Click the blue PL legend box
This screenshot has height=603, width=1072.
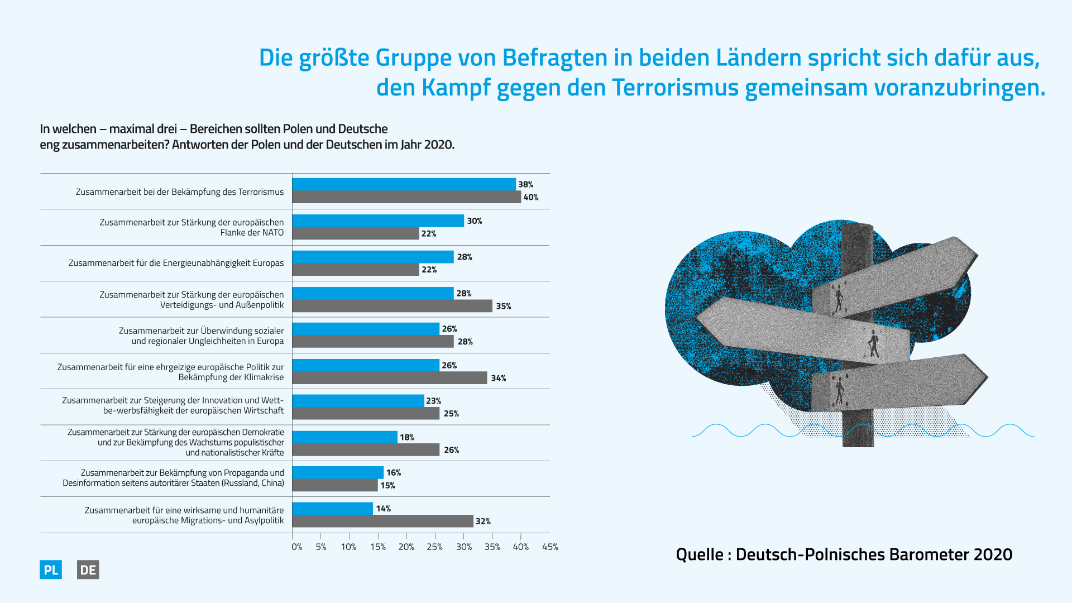tap(51, 569)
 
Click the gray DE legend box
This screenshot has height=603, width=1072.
tap(88, 569)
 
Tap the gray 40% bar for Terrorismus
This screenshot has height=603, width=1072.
tap(406, 197)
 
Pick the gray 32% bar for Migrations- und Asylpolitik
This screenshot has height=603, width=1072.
tap(382, 521)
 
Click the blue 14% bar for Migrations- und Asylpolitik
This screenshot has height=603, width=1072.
tap(332, 508)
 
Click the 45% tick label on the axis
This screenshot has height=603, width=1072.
tap(550, 547)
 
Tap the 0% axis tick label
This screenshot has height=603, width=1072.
tap(296, 547)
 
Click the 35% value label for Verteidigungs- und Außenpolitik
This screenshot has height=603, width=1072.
tap(504, 306)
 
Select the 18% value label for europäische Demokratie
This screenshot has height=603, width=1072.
tap(407, 437)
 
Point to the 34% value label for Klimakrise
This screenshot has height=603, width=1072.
tap(499, 378)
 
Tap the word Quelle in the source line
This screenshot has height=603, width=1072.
tap(700, 554)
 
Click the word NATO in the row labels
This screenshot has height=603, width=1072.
tap(273, 232)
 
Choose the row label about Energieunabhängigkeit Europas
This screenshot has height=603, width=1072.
tap(176, 263)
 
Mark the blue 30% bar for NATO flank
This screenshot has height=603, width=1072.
tap(378, 221)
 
